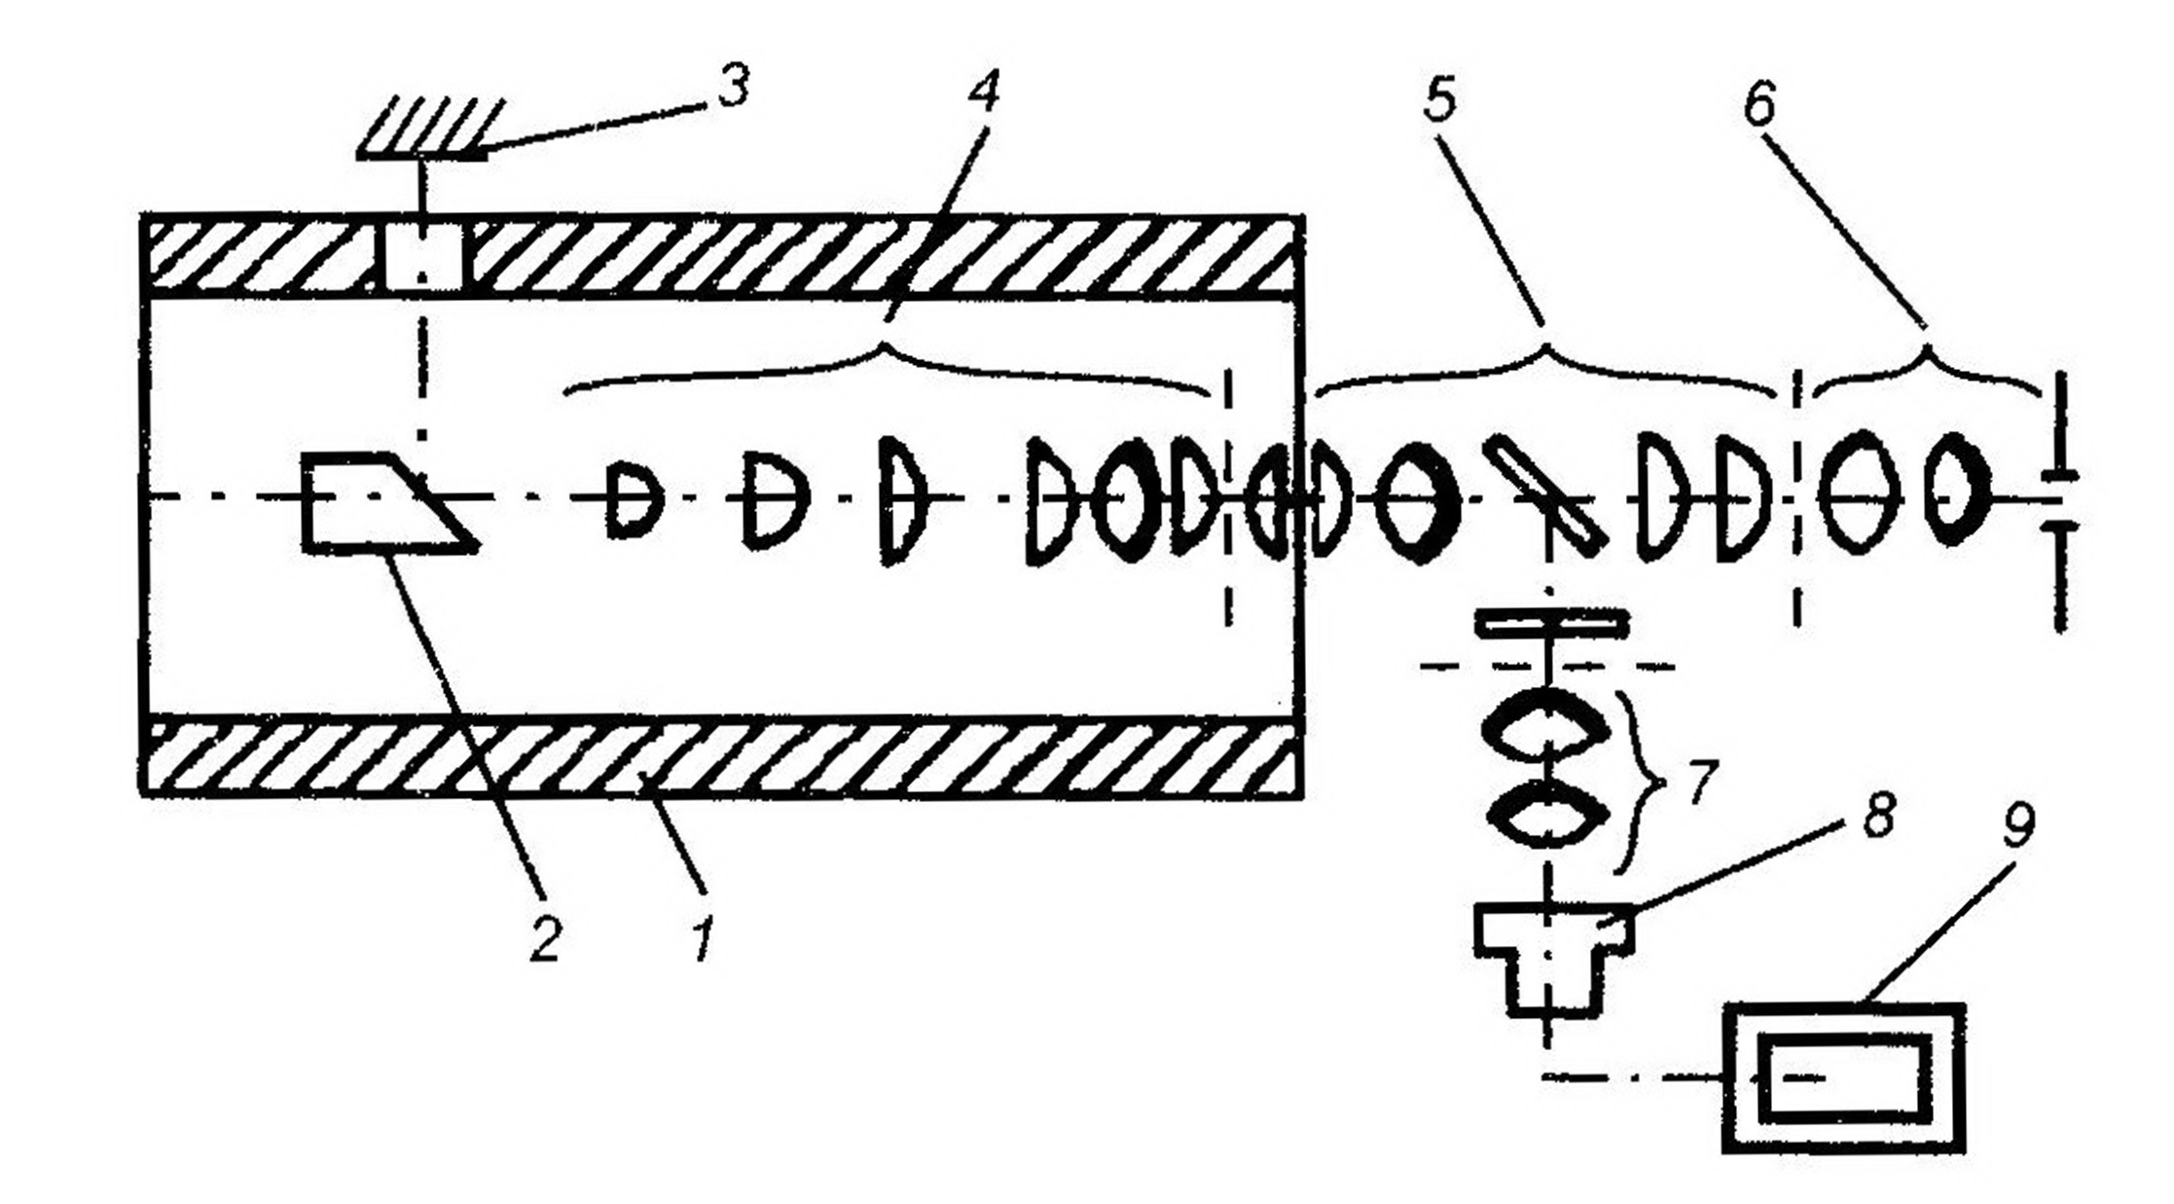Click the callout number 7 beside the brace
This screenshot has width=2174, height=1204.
(1698, 783)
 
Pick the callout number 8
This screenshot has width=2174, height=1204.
(1877, 815)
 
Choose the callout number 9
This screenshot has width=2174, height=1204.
(2017, 826)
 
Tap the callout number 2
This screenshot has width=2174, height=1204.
(545, 938)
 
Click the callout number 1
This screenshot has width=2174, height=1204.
(703, 938)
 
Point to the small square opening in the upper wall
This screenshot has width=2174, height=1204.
(422, 257)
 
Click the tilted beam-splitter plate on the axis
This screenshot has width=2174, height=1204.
(1542, 496)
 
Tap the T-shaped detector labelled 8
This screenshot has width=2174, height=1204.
(1552, 954)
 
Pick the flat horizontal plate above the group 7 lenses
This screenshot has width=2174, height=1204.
(1551, 623)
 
